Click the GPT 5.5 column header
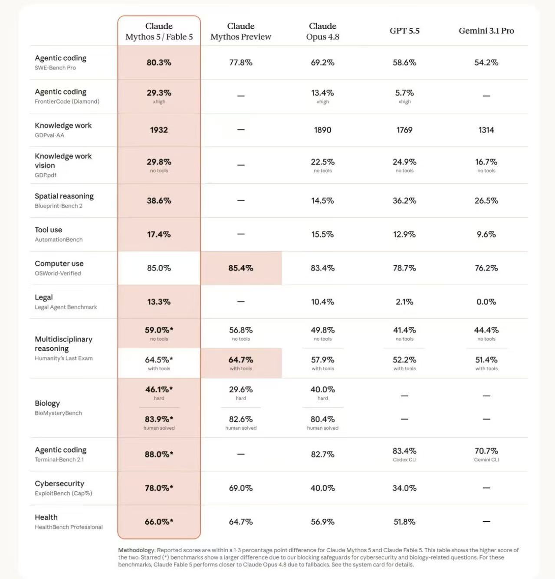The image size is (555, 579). (x=404, y=31)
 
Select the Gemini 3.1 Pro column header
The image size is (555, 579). (x=486, y=31)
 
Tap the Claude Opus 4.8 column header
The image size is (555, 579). (x=323, y=31)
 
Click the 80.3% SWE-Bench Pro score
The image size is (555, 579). (x=159, y=63)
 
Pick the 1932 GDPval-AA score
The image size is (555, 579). (x=159, y=130)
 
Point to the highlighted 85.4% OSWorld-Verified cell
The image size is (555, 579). (x=241, y=268)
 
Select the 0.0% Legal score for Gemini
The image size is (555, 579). (x=486, y=302)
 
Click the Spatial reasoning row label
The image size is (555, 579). (x=64, y=196)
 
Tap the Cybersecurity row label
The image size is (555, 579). (x=59, y=484)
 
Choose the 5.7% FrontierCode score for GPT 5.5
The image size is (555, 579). (x=404, y=93)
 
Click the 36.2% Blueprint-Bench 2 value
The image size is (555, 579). (x=404, y=201)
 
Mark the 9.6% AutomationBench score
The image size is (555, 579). (x=486, y=234)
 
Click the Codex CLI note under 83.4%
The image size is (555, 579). (x=404, y=460)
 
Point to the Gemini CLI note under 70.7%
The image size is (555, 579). (x=486, y=460)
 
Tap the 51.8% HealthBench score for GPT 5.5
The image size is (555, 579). (x=404, y=522)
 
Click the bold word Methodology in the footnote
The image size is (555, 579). (x=136, y=550)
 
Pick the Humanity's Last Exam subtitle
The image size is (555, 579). (x=64, y=358)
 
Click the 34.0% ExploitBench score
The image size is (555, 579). (x=404, y=488)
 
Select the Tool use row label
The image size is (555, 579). (x=49, y=230)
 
